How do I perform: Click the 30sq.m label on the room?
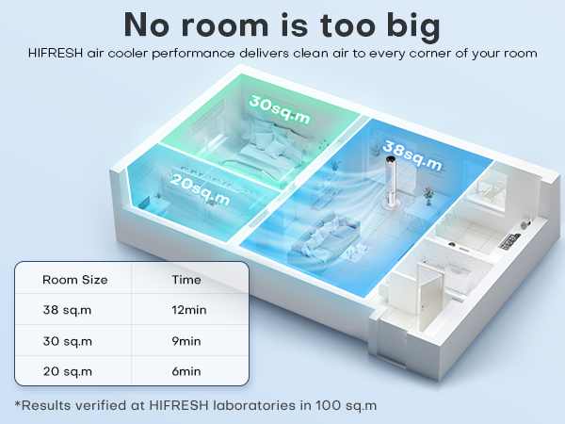pos(281,111)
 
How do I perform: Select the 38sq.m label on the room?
pos(412,155)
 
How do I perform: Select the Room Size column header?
pos(75,280)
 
